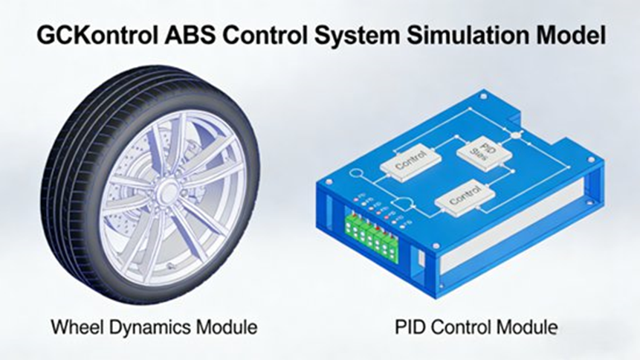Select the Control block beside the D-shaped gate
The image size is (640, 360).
tap(465, 198)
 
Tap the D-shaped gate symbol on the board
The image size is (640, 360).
tap(404, 201)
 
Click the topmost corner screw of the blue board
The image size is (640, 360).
tap(485, 95)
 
